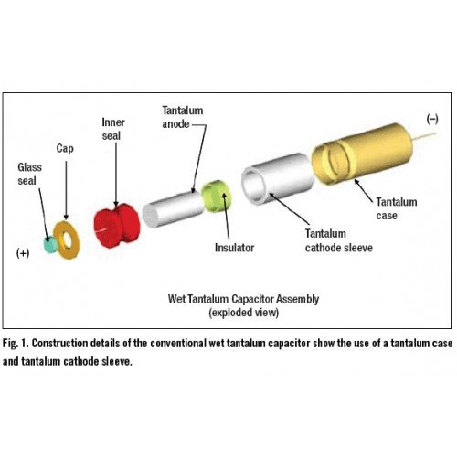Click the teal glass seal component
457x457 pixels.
pyautogui.click(x=50, y=245)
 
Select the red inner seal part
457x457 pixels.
pyautogui.click(x=117, y=225)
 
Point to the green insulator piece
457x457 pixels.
pyautogui.click(x=217, y=197)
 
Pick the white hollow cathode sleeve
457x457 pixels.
pyautogui.click(x=278, y=178)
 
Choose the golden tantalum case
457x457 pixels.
pyautogui.click(x=363, y=154)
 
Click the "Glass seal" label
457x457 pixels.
pyautogui.click(x=29, y=174)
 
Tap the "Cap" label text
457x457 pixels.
pyautogui.click(x=65, y=149)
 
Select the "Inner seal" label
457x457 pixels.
pyautogui.click(x=113, y=129)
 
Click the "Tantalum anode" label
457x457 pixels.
pyautogui.click(x=182, y=117)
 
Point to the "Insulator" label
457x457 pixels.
pyautogui.click(x=234, y=248)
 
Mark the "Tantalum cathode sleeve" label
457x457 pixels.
pyautogui.click(x=339, y=240)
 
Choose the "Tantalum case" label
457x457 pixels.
pyautogui.click(x=397, y=208)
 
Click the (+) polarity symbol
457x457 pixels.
pyautogui.click(x=23, y=253)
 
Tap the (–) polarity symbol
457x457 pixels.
pyautogui.click(x=432, y=119)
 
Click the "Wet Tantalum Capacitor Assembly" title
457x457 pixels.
pyautogui.click(x=243, y=299)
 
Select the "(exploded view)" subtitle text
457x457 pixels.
pyautogui.click(x=244, y=313)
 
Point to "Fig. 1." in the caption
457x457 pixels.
pyautogui.click(x=16, y=344)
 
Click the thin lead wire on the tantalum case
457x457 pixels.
pyautogui.click(x=424, y=137)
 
